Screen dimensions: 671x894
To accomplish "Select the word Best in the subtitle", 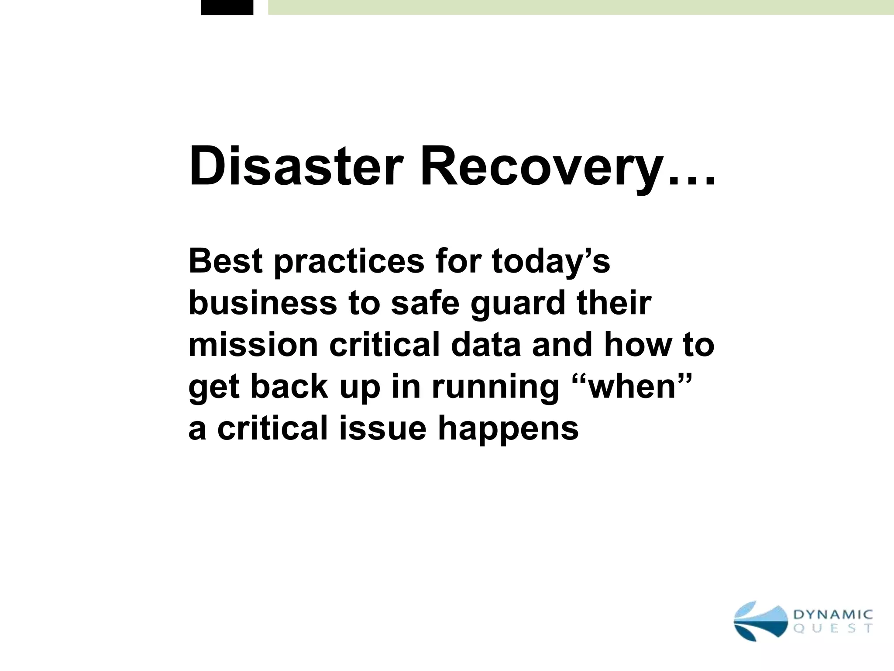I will click(226, 261).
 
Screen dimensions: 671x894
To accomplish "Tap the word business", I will click(263, 303).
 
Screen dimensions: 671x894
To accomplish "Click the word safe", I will click(425, 303).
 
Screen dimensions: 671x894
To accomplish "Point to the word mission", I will click(253, 345).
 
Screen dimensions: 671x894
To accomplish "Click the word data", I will click(486, 345).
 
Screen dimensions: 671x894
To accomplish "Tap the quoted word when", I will click(632, 387).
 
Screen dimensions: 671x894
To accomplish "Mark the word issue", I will click(382, 428).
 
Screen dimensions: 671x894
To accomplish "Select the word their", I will click(614, 303).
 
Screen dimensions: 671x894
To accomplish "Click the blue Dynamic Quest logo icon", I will click(760, 621).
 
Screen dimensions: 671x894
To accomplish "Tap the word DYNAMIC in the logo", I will click(833, 615).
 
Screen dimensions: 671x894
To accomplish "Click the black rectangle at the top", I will click(227, 7).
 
